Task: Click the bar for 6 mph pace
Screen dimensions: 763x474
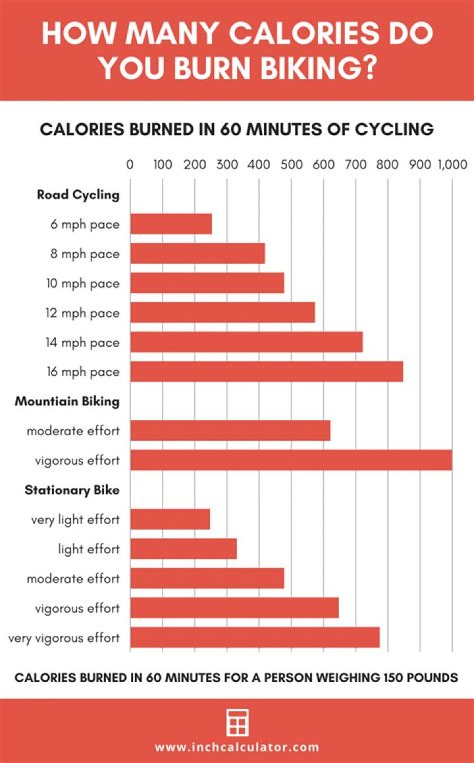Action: click(171, 224)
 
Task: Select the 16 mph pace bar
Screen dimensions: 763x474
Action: click(267, 372)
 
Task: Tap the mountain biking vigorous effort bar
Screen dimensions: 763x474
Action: click(291, 460)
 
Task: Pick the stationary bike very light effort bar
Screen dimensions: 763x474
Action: click(170, 519)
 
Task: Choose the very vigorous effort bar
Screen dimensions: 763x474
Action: click(255, 637)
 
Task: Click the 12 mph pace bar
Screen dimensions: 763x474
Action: click(223, 313)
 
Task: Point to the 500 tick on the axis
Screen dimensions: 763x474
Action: click(291, 165)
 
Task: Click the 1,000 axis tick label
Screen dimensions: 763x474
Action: click(452, 165)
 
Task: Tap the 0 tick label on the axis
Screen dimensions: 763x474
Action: click(130, 165)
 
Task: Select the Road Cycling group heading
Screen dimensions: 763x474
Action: click(78, 195)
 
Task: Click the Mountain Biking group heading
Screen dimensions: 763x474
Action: click(67, 401)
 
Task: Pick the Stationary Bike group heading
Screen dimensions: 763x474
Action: click(72, 490)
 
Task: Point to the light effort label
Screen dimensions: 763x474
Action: click(89, 549)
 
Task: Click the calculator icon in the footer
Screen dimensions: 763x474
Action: click(236, 723)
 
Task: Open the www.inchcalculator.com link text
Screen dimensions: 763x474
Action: click(237, 747)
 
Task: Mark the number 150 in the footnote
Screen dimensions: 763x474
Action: click(373, 677)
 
